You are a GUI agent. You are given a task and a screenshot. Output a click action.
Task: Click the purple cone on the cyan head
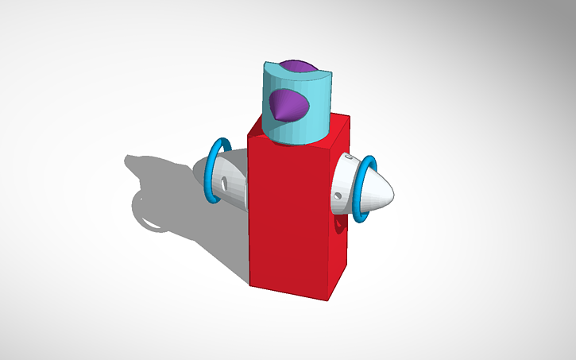tap(291, 104)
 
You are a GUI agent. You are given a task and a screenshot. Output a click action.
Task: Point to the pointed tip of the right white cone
tap(393, 192)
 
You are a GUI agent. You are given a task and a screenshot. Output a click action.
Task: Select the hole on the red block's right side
tap(343, 229)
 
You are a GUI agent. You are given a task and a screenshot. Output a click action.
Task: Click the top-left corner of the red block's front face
tap(249, 136)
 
